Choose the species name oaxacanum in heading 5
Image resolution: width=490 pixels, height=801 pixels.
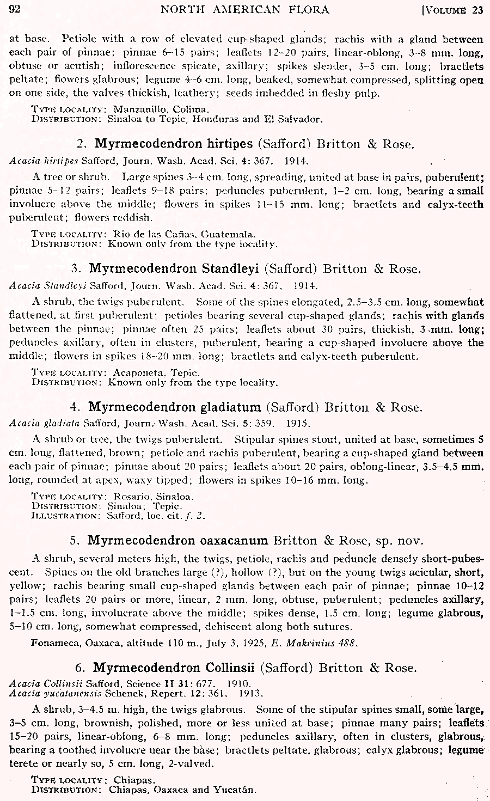coord(232,540)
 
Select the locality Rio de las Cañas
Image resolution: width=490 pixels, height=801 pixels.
coord(154,235)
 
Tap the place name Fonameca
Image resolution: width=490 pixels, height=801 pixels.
coord(56,643)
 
